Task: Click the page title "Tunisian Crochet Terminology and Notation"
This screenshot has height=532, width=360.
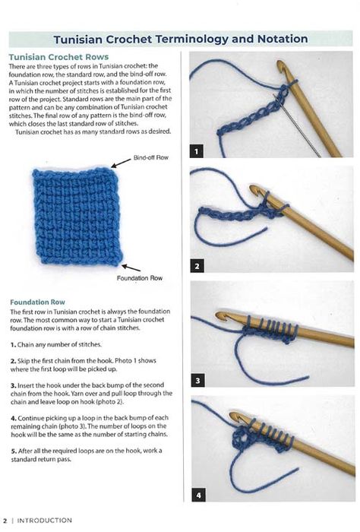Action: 181,39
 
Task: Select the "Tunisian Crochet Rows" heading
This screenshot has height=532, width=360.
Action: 58,57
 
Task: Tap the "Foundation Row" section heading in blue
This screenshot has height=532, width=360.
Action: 37,302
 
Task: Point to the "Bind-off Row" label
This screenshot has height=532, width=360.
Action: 151,157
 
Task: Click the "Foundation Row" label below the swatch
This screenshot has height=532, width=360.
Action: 140,278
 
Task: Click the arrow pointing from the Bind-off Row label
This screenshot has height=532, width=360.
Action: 121,163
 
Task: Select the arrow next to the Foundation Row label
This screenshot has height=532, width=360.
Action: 131,268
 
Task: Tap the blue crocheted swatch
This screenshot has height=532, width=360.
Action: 77,216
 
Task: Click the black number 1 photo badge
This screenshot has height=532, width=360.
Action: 197,151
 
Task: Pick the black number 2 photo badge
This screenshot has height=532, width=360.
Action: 197,266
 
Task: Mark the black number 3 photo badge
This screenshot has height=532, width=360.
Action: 197,380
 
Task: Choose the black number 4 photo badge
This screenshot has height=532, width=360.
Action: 198,496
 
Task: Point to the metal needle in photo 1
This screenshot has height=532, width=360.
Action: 297,126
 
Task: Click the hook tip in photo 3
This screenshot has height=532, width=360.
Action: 221,315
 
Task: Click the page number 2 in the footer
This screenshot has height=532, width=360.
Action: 5,520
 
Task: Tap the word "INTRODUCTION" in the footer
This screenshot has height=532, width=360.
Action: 44,520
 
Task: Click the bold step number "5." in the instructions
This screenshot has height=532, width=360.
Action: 14,451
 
